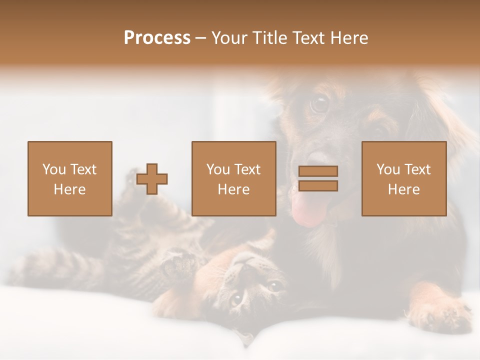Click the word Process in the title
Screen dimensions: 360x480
point(157,38)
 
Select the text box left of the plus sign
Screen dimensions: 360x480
point(69,178)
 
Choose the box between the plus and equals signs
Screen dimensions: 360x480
point(233,178)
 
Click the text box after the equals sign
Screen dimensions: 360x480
point(403,178)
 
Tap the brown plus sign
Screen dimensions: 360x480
point(152,179)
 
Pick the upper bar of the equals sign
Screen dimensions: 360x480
point(318,171)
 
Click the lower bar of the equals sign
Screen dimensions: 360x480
point(318,186)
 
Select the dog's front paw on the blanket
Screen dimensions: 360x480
point(440,315)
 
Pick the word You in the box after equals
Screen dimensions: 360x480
point(388,169)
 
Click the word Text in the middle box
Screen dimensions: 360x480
point(248,169)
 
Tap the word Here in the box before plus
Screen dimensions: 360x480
point(69,189)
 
